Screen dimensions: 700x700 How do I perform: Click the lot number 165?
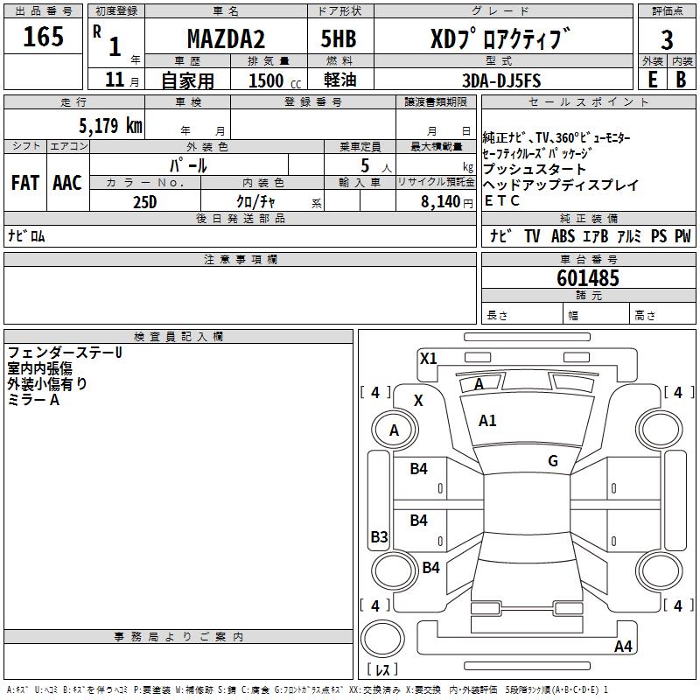pos(43,36)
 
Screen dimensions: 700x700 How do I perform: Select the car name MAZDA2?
pos(226,38)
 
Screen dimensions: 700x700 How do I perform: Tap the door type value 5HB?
pos(339,38)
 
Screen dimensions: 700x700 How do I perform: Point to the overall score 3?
pos(667,40)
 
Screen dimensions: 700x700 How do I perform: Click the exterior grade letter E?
pos(652,80)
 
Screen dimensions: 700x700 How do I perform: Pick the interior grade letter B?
pos(681,80)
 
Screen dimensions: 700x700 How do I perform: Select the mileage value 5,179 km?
pos(111,125)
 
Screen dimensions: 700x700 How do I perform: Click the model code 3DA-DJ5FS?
pos(501,80)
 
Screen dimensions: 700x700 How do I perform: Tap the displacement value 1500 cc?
pos(275,80)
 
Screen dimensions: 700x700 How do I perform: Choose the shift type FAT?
pos(25,183)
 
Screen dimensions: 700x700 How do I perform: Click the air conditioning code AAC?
pos(67,183)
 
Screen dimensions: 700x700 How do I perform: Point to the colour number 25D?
pos(145,202)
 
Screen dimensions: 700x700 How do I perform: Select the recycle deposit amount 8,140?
pos(441,202)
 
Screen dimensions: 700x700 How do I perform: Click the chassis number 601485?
pos(588,278)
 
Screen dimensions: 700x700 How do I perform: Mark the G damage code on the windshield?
pos(553,461)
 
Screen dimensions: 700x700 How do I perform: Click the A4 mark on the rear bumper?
pos(623,646)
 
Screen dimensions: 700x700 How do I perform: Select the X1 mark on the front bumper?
pos(428,359)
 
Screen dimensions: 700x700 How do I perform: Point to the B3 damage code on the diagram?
pos(380,536)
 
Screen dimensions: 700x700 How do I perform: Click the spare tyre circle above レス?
pos(382,638)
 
